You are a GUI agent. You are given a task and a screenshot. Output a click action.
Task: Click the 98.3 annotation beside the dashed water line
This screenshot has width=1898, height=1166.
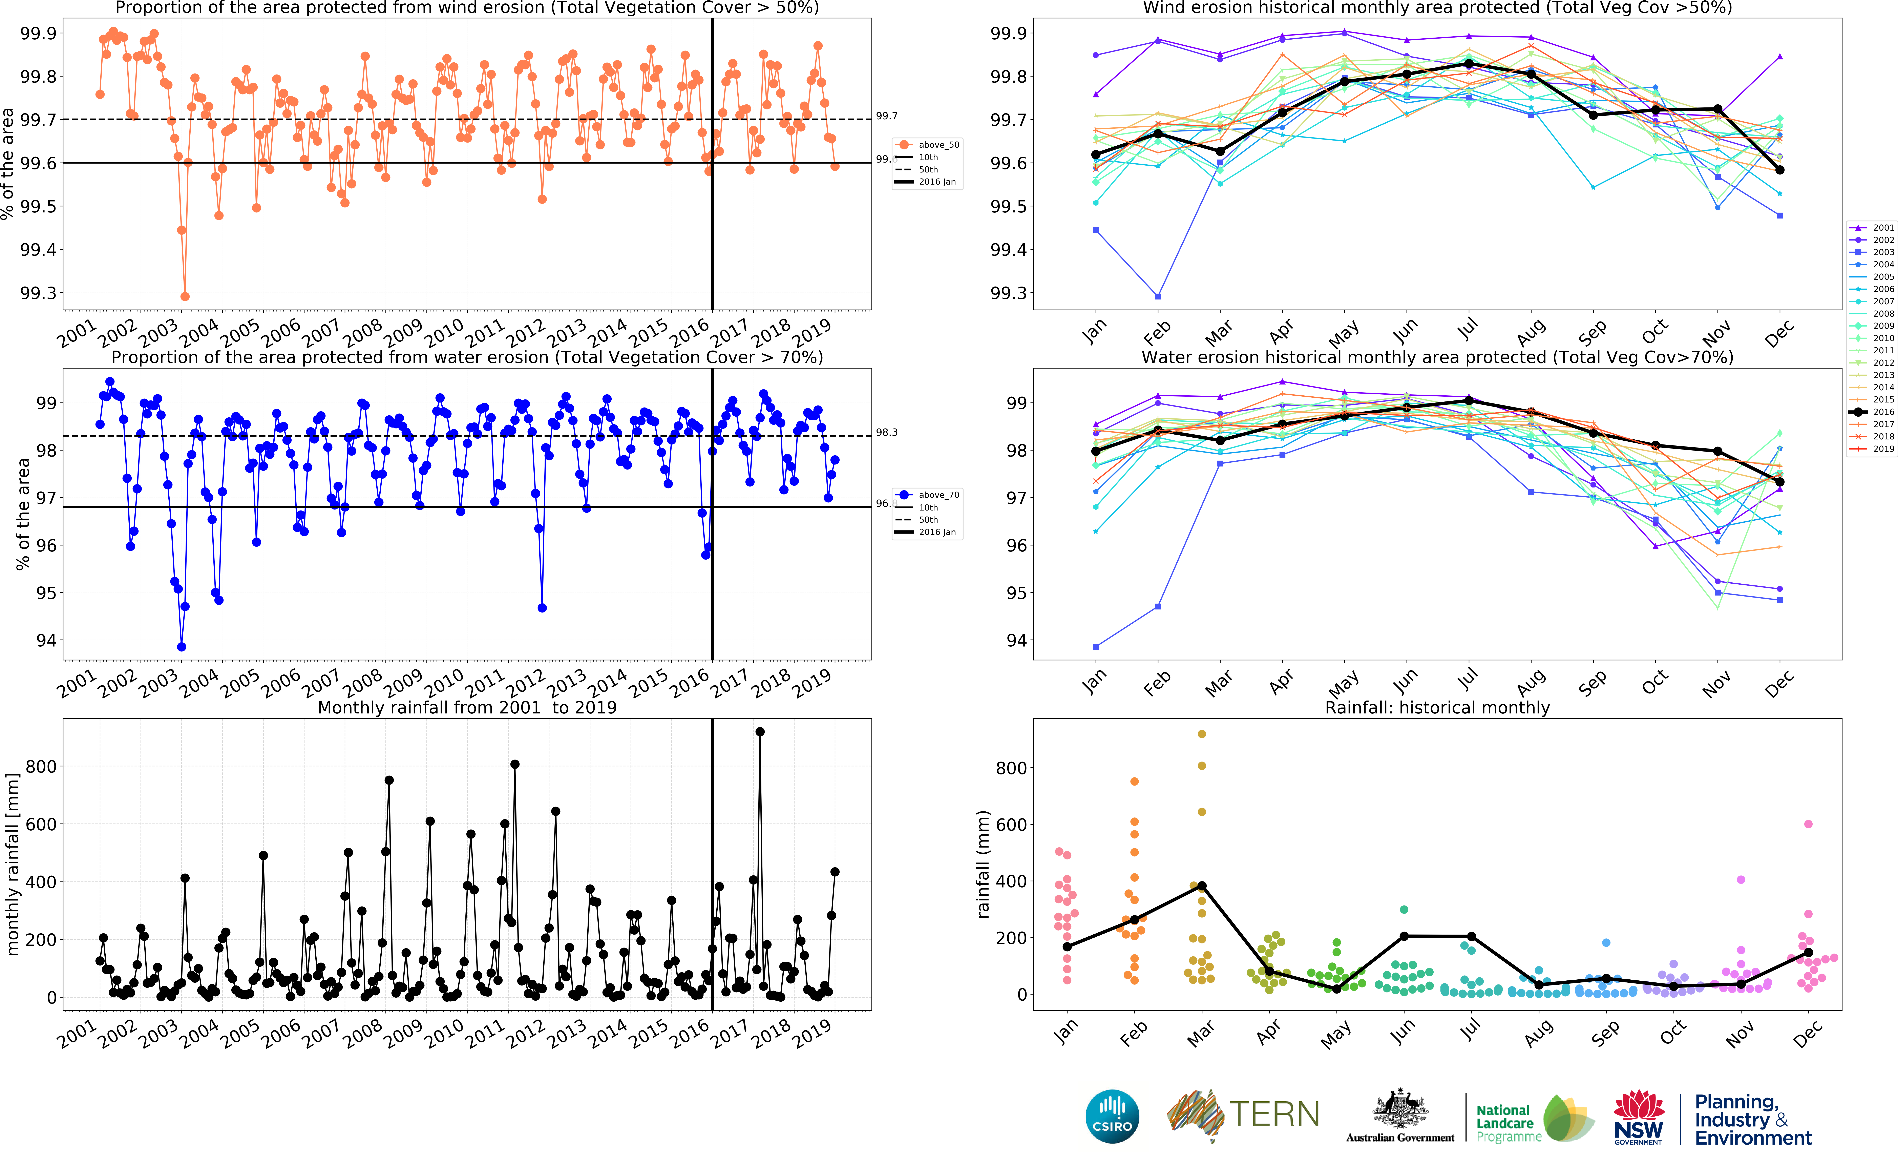(887, 433)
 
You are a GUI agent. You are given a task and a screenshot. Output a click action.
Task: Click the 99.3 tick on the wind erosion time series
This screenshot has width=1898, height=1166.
(39, 293)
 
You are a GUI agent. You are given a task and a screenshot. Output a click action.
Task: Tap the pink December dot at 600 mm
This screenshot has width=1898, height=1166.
(1809, 824)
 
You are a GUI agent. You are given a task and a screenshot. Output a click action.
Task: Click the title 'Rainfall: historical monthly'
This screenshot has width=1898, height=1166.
(1437, 707)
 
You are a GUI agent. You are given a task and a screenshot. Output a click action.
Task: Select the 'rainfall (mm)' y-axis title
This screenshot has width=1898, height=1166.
(983, 864)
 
